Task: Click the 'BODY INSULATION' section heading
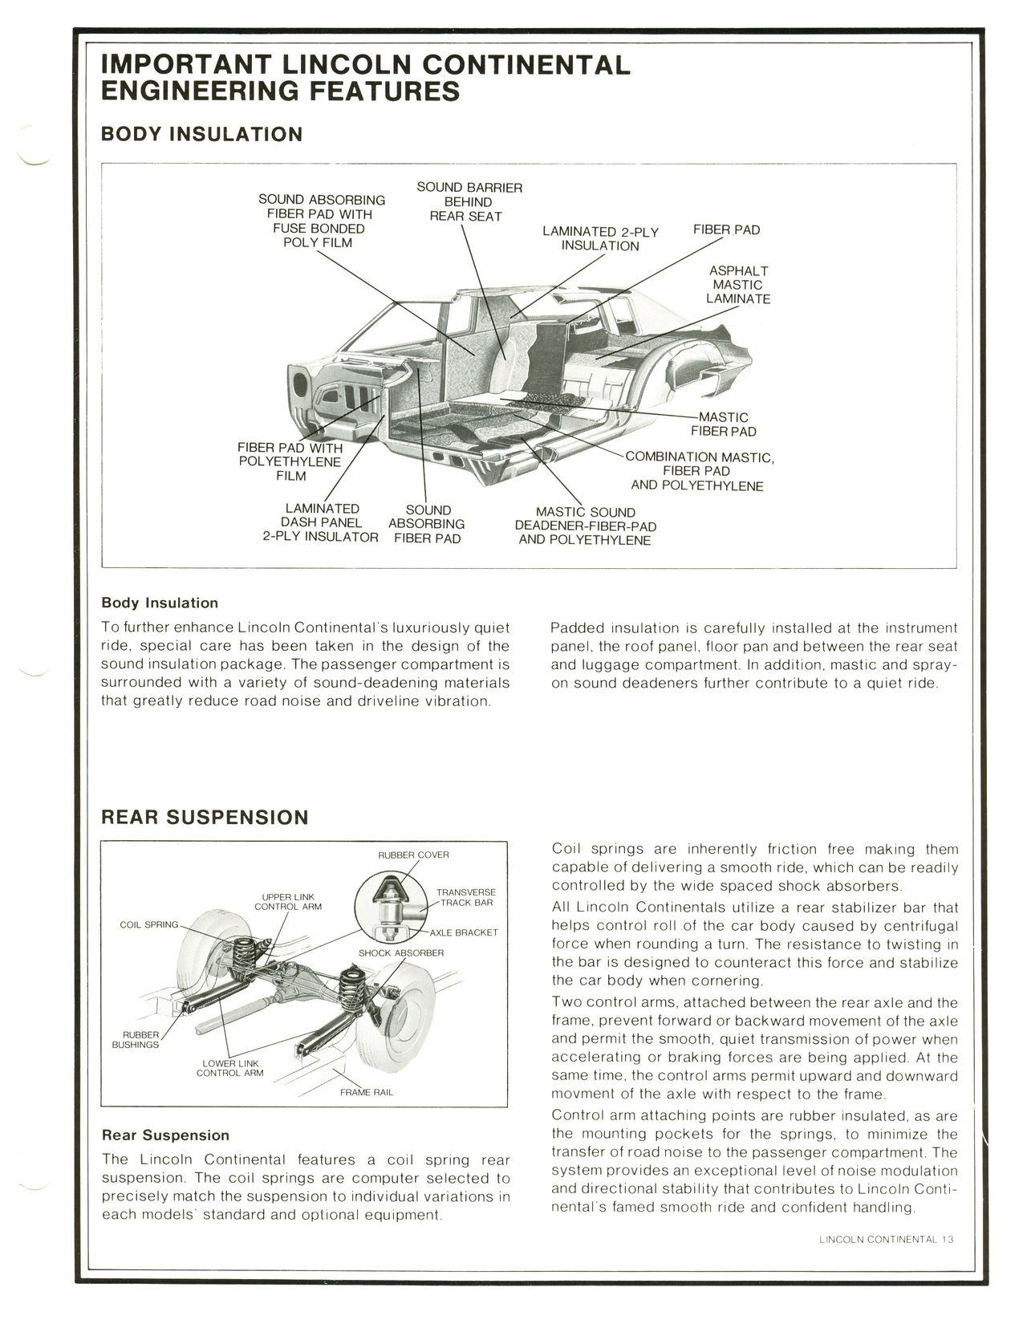coord(201,134)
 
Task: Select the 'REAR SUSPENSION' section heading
coord(204,818)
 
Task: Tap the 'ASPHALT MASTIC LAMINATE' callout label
coord(737,285)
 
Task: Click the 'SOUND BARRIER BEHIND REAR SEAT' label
coord(469,201)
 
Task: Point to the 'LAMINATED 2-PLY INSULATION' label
coord(599,238)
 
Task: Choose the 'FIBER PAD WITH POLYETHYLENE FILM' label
coord(290,461)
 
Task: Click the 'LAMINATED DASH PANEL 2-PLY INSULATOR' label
coord(321,523)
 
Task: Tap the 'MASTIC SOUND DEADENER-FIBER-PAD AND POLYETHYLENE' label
coord(585,526)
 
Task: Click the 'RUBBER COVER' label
coord(413,855)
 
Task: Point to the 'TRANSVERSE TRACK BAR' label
coord(465,897)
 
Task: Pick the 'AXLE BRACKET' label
coord(463,932)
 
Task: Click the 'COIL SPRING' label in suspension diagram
coord(148,924)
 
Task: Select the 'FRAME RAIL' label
coord(366,1092)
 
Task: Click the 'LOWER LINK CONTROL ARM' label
coord(229,1068)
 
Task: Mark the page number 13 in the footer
coord(948,1239)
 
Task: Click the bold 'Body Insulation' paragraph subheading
coord(160,603)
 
